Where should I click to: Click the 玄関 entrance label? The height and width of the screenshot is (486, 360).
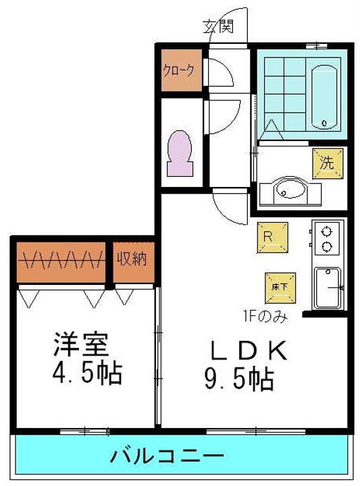217,26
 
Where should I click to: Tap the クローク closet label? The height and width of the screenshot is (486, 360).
178,70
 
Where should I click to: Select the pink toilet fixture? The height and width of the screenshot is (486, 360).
179,153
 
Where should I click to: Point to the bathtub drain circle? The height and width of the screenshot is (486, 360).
324,123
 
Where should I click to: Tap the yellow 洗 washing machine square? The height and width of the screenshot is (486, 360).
328,163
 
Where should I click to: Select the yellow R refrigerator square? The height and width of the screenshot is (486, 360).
272,237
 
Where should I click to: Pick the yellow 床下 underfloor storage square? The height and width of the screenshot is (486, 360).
280,288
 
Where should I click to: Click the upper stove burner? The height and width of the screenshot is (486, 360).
326,232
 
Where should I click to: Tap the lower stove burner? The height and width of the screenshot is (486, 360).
326,247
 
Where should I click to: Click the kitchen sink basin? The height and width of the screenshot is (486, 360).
328,288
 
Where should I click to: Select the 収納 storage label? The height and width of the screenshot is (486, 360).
132,258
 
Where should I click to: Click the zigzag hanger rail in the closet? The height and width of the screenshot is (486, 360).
60,260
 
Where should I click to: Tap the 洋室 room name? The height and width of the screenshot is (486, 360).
81,344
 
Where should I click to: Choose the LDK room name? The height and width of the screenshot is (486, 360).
248,350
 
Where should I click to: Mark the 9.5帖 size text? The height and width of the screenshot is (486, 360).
239,378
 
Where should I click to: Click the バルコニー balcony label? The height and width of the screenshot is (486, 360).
167,456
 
